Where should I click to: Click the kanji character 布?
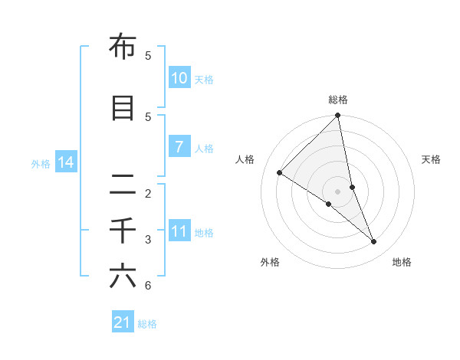click(x=123, y=47)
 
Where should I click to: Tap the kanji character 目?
click(x=123, y=109)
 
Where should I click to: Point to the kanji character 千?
click(x=123, y=230)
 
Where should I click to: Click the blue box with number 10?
click(x=179, y=78)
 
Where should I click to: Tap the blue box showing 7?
click(x=179, y=147)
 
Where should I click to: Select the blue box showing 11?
click(x=179, y=231)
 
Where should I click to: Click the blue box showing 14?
click(x=65, y=162)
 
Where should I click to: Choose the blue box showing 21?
click(x=123, y=323)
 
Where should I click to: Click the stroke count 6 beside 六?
click(x=148, y=286)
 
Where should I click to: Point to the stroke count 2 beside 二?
click(x=148, y=193)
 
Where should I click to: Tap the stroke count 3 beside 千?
click(x=148, y=240)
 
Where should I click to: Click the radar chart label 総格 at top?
click(x=338, y=100)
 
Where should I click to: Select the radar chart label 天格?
click(x=432, y=159)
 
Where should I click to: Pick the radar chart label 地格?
click(x=402, y=262)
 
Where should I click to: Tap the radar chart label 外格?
click(x=270, y=262)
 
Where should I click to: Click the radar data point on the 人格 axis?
click(x=280, y=172)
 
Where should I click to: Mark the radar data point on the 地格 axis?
click(x=374, y=242)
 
